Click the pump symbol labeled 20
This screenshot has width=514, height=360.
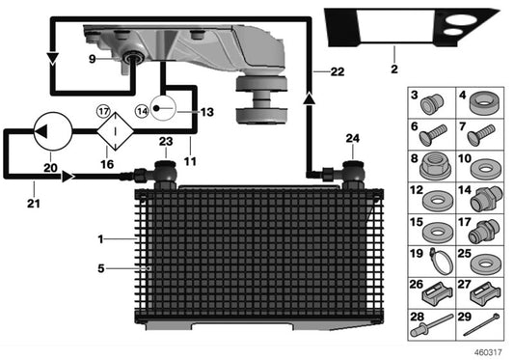tap(53, 131)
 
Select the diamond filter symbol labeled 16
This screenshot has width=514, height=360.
tap(115, 131)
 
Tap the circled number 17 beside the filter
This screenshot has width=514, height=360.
tap(103, 112)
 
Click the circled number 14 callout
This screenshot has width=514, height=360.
tap(143, 112)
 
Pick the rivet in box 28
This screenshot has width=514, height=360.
tap(429, 326)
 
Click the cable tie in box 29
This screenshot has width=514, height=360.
tap(481, 324)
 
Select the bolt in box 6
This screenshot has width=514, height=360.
tap(433, 135)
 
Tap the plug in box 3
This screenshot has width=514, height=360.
tap(433, 104)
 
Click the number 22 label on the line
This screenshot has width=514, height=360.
tap(338, 71)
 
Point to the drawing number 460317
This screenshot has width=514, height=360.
tap(488, 352)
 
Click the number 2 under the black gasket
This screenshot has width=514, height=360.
tap(394, 69)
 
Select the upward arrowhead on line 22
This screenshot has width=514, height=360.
tap(309, 98)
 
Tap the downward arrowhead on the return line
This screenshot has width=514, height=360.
tap(52, 59)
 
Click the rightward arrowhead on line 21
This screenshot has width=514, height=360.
tap(68, 177)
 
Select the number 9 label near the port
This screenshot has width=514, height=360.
tap(93, 59)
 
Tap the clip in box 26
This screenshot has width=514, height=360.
tap(433, 292)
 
